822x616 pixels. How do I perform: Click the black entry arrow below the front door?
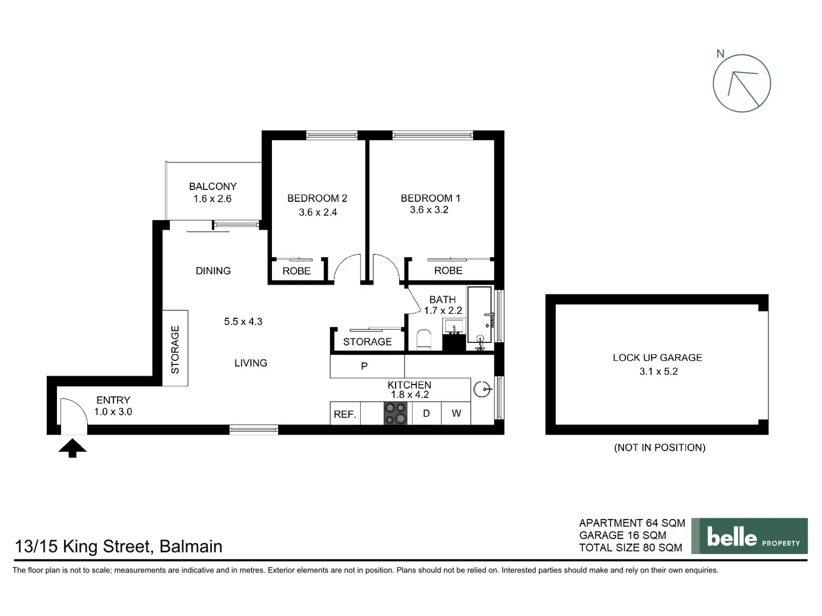point(72,448)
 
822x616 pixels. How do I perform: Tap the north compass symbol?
point(742,83)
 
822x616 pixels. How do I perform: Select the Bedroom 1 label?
point(430,198)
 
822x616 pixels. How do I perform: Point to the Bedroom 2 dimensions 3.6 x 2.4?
point(318,212)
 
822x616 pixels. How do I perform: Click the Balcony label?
point(213,187)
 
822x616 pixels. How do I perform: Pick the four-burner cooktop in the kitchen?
point(396,414)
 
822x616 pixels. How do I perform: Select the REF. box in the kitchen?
point(345,414)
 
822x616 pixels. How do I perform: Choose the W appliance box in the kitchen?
point(456,414)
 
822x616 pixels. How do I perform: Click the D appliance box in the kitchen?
point(426,414)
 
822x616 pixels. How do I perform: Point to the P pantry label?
point(364,366)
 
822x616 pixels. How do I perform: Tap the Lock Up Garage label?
point(657,358)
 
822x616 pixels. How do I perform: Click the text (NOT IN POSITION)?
point(660,448)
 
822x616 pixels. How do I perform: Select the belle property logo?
point(749,536)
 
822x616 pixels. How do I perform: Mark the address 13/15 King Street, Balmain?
point(119,546)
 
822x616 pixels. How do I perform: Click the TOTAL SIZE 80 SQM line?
point(630,548)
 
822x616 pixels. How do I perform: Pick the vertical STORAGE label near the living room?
point(175,349)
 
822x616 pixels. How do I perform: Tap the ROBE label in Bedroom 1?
point(448,270)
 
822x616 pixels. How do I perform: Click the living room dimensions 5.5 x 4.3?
point(243,322)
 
